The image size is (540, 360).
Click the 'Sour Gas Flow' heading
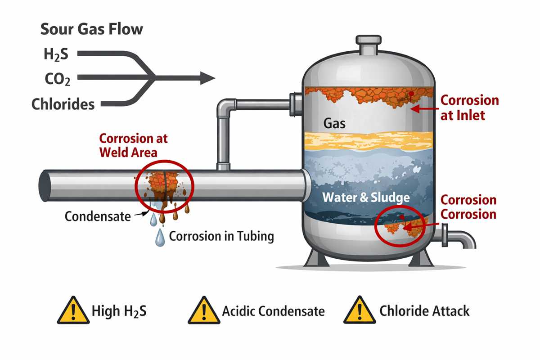coord(92,29)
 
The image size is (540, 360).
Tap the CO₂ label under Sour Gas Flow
coord(57,80)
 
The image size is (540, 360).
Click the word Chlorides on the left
coord(63,104)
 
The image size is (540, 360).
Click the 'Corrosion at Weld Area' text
coord(133,145)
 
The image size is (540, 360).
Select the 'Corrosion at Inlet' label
coord(469,108)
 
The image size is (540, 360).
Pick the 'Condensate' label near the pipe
coord(98,216)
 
